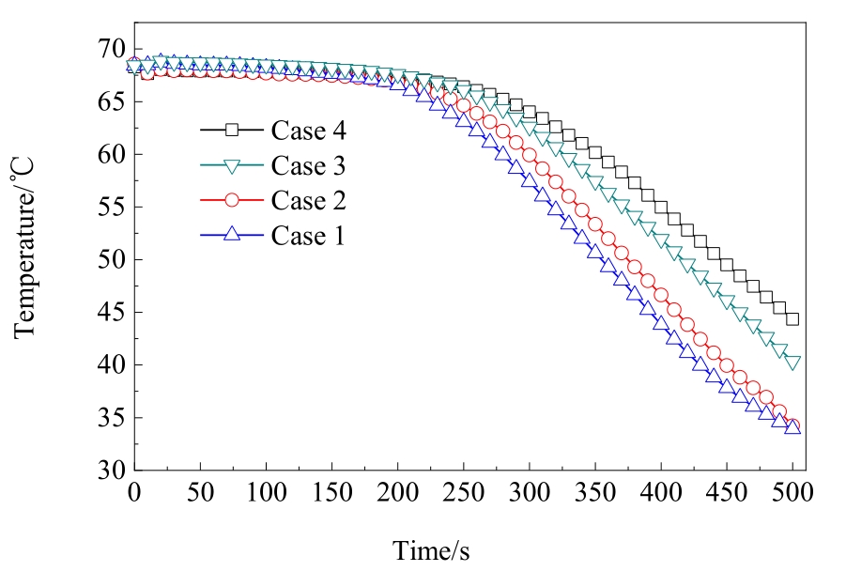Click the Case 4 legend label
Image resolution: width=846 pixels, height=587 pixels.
[x=308, y=129]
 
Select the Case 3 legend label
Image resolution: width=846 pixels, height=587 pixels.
[x=308, y=165]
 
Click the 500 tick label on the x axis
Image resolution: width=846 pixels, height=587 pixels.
[x=792, y=492]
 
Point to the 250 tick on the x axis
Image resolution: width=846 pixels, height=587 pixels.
[x=463, y=492]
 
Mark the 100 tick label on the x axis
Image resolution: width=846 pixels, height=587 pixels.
[x=266, y=492]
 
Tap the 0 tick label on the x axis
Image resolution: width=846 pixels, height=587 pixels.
[x=134, y=492]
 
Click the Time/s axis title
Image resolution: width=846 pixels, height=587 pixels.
[x=431, y=550]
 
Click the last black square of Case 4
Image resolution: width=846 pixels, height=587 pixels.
[x=792, y=318]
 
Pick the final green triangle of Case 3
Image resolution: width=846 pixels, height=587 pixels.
[x=792, y=363]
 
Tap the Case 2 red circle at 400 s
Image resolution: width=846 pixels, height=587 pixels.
[x=661, y=296]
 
